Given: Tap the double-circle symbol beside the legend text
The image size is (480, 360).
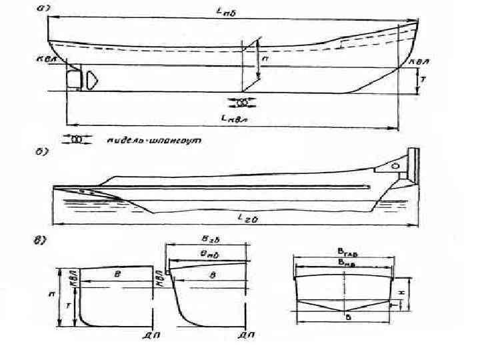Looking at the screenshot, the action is point(76,140).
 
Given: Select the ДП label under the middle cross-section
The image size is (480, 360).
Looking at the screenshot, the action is point(246,333).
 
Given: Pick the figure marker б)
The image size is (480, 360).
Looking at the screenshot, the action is point(41,153).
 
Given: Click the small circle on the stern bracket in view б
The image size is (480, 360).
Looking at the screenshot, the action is point(395,165).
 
